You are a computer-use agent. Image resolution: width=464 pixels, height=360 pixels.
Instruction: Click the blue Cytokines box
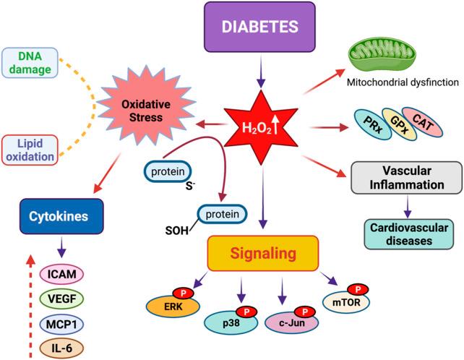(x=62, y=215)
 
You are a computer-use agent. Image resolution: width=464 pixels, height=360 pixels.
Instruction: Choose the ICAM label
(x=61, y=274)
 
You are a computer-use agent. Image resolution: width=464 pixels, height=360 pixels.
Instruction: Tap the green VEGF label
(x=61, y=299)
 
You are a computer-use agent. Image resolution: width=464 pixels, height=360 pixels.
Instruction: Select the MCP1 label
(x=61, y=323)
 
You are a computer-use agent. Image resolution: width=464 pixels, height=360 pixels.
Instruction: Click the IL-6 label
(x=61, y=347)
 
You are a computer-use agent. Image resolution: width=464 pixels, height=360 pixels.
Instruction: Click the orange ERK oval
(x=168, y=305)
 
